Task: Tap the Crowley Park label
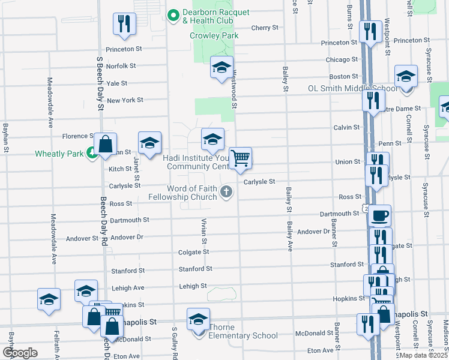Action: point(214,35)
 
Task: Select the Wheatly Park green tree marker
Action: point(91,153)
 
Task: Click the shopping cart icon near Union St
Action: point(240,158)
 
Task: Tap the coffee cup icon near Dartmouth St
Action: point(379,215)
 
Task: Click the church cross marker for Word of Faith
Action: point(226,192)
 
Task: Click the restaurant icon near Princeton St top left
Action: point(124,24)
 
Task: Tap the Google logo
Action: point(20,352)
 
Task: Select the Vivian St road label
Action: point(205,231)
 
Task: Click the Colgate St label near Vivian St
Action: point(193,252)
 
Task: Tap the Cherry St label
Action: point(265,28)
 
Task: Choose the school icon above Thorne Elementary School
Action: point(198,319)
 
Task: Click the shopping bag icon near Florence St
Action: point(105,145)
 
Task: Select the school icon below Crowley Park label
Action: point(221,68)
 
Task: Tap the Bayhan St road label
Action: point(5,137)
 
